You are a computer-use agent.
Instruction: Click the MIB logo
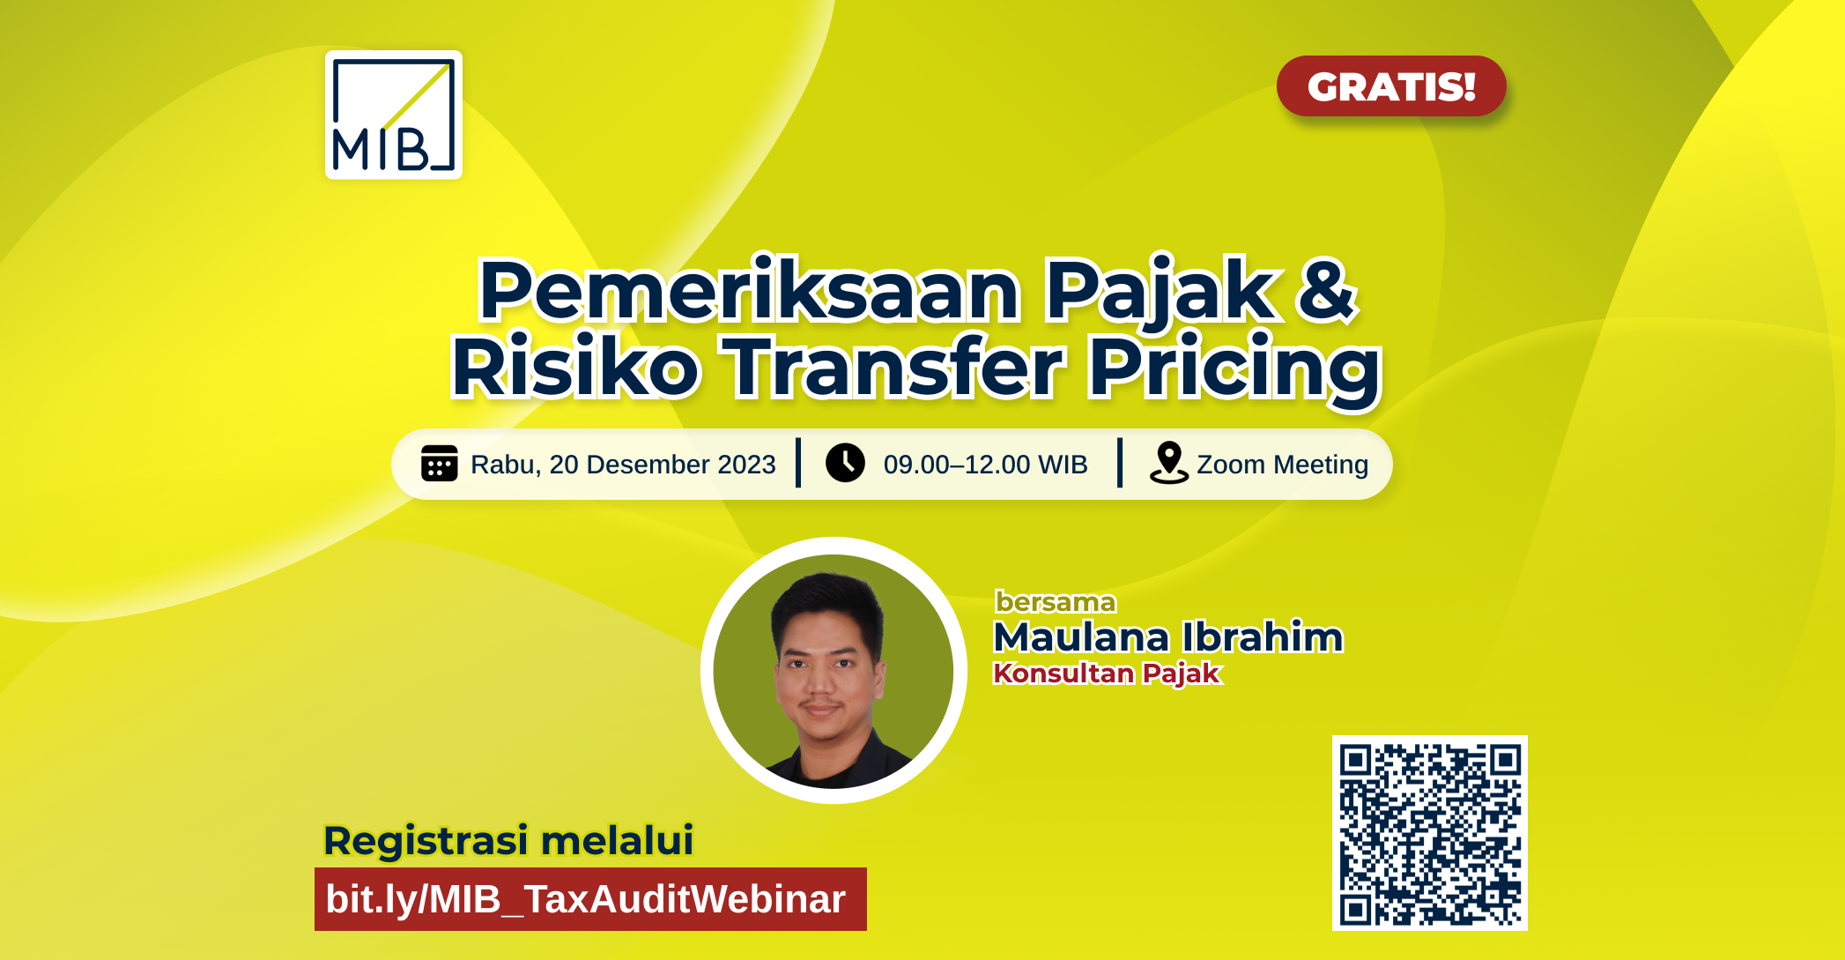[x=394, y=115]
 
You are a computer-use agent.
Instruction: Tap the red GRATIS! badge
[x=1390, y=86]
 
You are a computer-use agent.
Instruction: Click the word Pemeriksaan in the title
[x=749, y=291]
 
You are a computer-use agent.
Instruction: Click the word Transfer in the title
[x=893, y=367]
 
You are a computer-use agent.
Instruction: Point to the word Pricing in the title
[x=1234, y=368]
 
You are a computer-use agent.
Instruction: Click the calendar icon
[x=439, y=464]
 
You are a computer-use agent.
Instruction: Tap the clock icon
[x=845, y=464]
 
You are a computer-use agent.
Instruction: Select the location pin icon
[x=1168, y=463]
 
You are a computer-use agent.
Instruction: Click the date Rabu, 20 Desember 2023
[x=623, y=465]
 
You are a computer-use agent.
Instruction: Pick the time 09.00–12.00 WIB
[x=985, y=465]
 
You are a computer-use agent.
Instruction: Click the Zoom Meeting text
[x=1282, y=465]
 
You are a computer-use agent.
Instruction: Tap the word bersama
[x=1056, y=602]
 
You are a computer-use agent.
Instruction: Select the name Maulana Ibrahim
[x=1167, y=636]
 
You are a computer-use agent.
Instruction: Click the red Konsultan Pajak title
[x=1107, y=673]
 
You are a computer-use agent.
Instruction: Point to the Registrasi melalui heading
[x=508, y=840]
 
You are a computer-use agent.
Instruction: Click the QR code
[x=1429, y=833]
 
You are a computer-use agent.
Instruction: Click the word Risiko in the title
[x=574, y=368]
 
